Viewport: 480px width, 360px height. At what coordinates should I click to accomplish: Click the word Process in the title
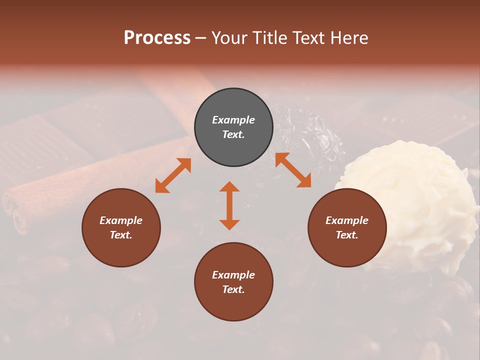pos(157,38)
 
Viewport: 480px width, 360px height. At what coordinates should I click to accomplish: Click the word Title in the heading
pos(269,38)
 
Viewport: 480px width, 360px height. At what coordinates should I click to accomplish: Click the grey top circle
pos(233,102)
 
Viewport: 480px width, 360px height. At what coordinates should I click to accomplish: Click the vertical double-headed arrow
pos(229,205)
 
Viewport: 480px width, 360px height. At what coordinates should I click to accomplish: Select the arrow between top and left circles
pos(173,175)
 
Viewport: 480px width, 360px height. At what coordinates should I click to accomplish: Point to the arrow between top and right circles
pos(293,170)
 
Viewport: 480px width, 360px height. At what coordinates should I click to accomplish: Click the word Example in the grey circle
pos(233,120)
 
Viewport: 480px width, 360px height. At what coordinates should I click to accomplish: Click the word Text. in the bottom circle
pos(233,289)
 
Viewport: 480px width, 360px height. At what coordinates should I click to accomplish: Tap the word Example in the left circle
pos(121,220)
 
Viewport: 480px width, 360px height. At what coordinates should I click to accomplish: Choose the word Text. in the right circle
pos(347,235)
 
